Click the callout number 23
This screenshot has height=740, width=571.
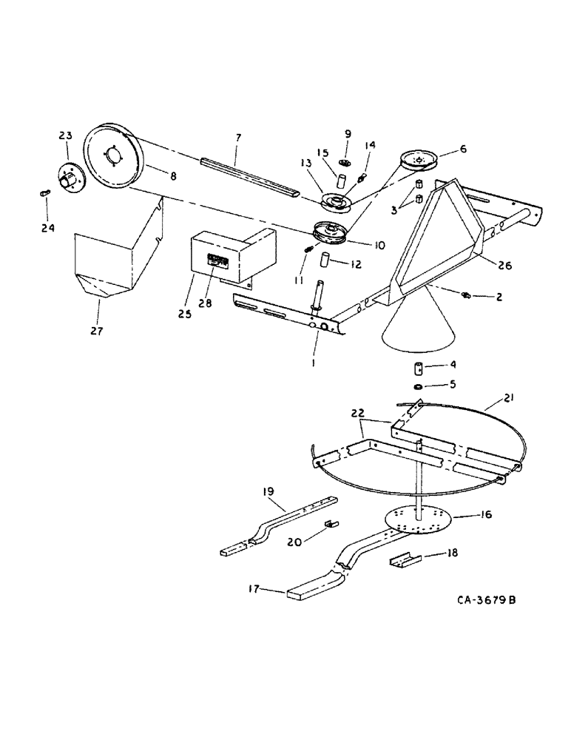pyautogui.click(x=65, y=135)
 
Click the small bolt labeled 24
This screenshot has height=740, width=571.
pyautogui.click(x=44, y=192)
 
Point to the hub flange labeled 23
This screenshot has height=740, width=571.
pyautogui.click(x=72, y=178)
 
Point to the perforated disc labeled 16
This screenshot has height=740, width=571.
pyautogui.click(x=419, y=521)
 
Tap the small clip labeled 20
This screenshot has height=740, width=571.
pyautogui.click(x=331, y=524)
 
